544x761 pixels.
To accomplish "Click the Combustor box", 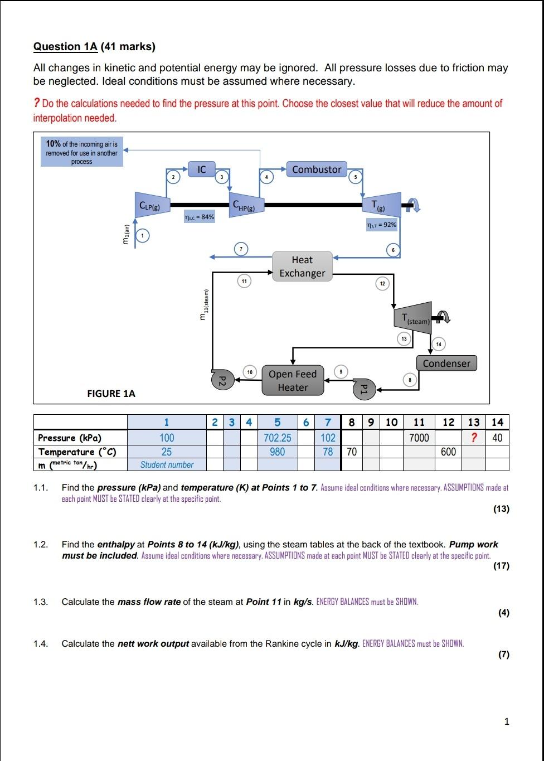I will coord(317,169).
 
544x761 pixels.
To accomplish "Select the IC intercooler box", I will coord(202,169).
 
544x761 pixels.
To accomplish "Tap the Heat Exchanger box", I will coord(302,266).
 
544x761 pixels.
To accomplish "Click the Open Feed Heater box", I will coord(293,381).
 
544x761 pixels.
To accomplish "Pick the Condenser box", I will coord(446,363).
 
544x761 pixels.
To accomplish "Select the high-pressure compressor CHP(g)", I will coord(245,206).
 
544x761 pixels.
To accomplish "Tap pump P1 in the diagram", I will coord(363,388).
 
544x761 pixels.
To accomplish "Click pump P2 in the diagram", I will coord(220,380).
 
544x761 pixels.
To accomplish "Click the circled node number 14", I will coord(439,344).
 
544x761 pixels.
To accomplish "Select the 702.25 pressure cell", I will coord(278,438).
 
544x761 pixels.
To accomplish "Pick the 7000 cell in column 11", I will coord(419,438).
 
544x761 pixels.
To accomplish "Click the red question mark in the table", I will coord(473,438).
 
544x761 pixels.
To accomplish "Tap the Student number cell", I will coord(167,465).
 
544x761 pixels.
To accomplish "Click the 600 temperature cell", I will coord(448,452).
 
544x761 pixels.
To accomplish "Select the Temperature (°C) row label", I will coord(81,452).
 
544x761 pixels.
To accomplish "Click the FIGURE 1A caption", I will coord(111,394).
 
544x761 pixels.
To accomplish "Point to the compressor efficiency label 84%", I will coord(199,217).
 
